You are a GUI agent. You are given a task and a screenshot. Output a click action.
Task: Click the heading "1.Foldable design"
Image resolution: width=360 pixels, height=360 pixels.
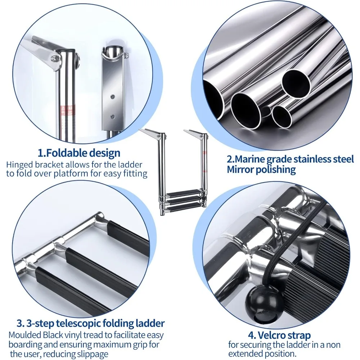(x=79, y=153)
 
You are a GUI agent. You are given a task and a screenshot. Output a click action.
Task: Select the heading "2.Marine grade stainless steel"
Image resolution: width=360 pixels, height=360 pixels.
(x=291, y=159)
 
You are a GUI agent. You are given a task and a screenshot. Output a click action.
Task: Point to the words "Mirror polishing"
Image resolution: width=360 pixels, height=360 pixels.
(x=261, y=170)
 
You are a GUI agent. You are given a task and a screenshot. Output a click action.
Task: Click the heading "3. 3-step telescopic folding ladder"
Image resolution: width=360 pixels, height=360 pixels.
(x=91, y=323)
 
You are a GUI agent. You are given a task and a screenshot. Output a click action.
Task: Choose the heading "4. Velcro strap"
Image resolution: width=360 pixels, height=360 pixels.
(x=279, y=336)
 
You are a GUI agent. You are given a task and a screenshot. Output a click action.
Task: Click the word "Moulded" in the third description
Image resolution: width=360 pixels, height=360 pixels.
(x=25, y=335)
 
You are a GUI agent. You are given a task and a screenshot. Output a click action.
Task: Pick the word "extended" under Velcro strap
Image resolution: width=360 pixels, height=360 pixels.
(x=244, y=354)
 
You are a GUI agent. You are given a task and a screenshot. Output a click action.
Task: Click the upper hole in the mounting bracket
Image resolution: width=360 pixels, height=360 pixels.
(x=112, y=96)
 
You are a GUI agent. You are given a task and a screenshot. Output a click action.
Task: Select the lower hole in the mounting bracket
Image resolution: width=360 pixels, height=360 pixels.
(x=112, y=117)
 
